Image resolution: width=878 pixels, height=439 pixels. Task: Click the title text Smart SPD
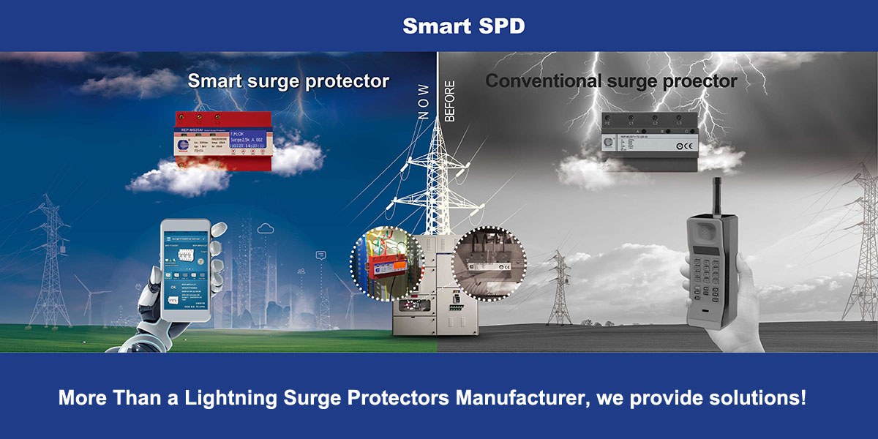(463, 26)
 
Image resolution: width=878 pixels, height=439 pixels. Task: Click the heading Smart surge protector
(288, 80)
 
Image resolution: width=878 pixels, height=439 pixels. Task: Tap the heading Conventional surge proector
(611, 80)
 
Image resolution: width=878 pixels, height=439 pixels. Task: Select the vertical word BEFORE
(449, 102)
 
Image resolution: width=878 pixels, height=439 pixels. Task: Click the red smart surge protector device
(224, 143)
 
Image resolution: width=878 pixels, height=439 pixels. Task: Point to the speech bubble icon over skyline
(320, 255)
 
